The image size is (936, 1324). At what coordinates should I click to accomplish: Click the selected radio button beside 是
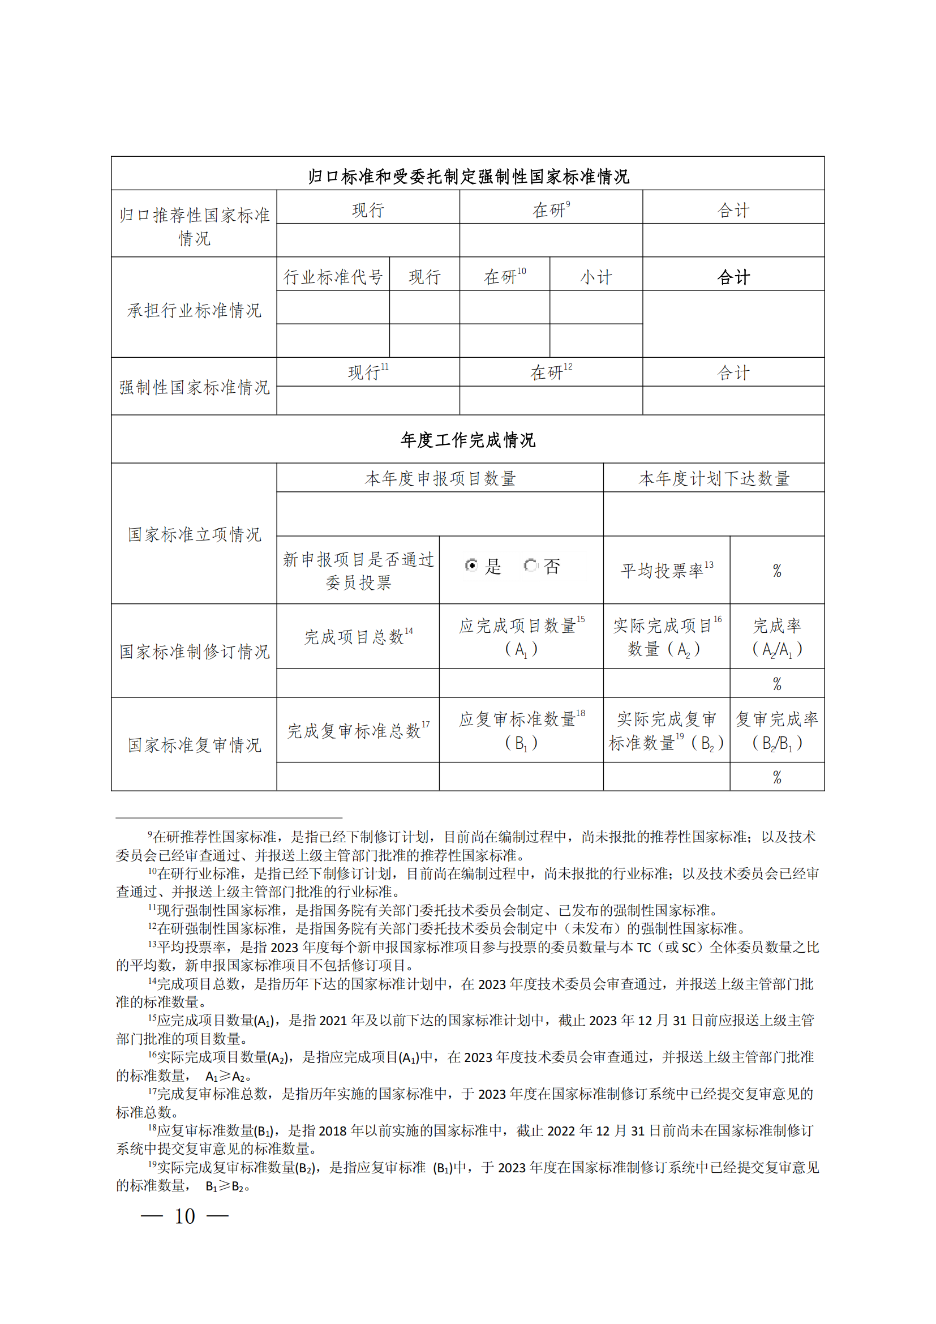[x=471, y=565]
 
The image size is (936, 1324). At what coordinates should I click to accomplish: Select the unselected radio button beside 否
[x=530, y=565]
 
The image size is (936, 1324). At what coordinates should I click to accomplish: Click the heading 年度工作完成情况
[x=467, y=440]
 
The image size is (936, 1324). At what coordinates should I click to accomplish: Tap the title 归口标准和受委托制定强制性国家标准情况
[x=467, y=176]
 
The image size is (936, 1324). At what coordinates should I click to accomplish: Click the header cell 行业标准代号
[x=333, y=277]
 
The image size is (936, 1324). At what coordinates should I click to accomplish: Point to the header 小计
[x=595, y=277]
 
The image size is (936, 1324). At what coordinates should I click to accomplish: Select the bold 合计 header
[x=733, y=277]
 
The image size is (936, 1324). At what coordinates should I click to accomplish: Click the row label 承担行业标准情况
[x=194, y=310]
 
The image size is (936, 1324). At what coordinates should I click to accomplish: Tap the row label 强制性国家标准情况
[x=194, y=387]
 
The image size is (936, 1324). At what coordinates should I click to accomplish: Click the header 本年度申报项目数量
[x=440, y=478]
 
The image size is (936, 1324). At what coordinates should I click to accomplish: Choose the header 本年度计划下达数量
[x=714, y=478]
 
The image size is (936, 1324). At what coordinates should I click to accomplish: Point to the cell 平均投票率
[x=665, y=570]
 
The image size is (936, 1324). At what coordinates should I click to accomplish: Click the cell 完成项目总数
[x=357, y=637]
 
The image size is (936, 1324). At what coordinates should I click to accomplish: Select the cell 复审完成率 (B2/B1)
[x=776, y=731]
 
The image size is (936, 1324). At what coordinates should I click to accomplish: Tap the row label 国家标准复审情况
[x=194, y=744]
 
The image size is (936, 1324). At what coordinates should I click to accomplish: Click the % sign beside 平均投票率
[x=776, y=571]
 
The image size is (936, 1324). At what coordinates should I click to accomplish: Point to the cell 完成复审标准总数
[x=357, y=731]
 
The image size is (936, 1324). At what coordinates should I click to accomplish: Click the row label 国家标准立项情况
[x=194, y=534]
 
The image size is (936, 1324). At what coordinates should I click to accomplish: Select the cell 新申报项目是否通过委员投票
[x=357, y=571]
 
